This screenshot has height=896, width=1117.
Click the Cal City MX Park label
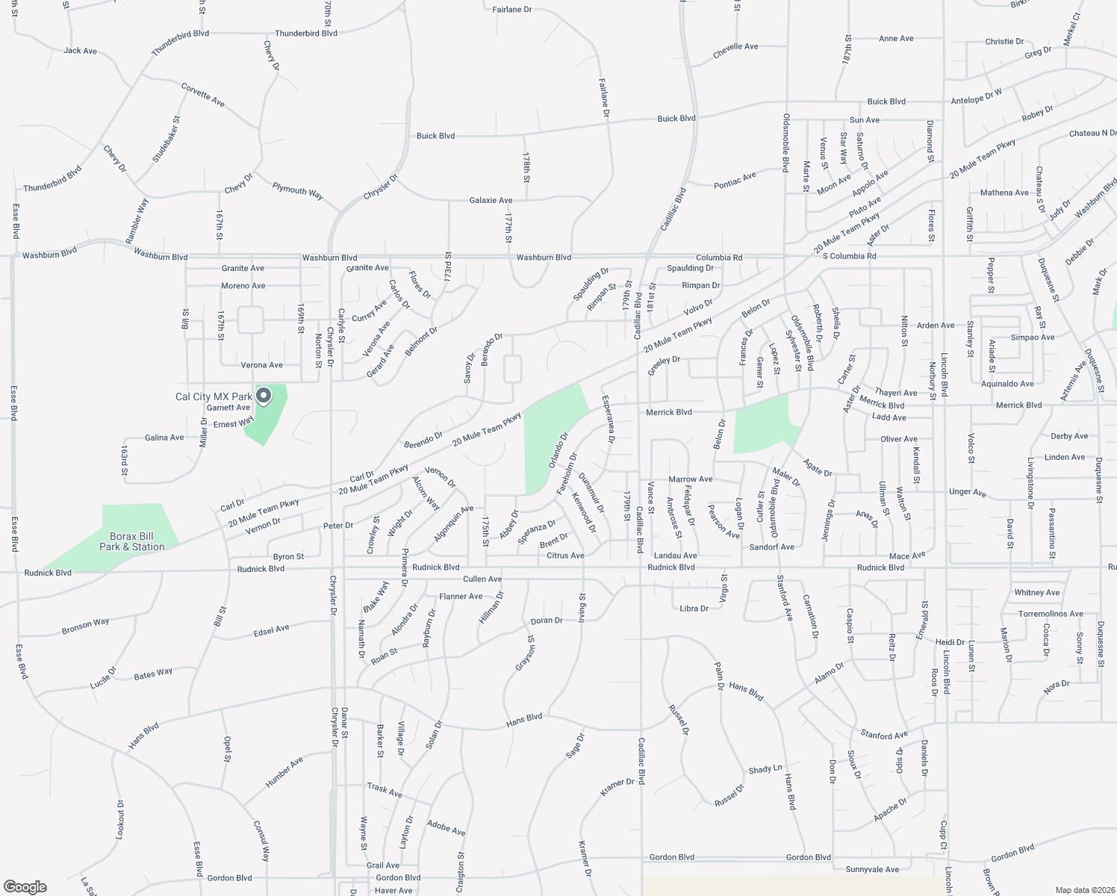point(214,396)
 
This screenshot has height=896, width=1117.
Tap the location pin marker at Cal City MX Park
point(263,395)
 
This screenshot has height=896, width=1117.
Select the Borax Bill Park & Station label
point(132,541)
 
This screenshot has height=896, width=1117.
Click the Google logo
point(25,887)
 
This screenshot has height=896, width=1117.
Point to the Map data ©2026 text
point(1083,890)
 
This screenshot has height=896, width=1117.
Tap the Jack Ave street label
point(81,51)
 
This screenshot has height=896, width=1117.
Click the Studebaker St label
point(167,140)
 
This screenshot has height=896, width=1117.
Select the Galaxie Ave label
point(491,200)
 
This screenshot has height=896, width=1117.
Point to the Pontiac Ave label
point(735,179)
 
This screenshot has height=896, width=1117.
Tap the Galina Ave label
point(164,438)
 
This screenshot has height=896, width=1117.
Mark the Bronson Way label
point(85,626)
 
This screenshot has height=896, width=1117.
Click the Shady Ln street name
point(765,768)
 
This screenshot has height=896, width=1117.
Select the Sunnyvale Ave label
point(872,869)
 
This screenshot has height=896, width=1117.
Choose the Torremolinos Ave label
point(1051,614)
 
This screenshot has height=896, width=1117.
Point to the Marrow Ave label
point(691,479)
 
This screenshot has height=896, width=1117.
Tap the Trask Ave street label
point(385,790)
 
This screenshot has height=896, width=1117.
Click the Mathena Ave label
point(1004,193)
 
